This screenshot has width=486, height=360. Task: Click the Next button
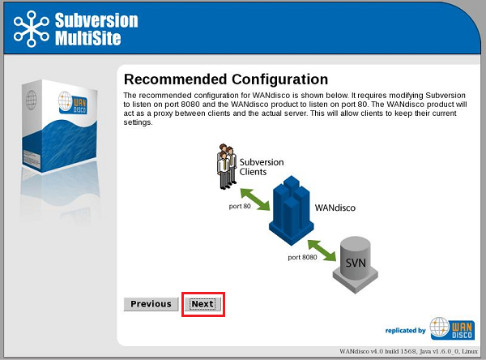202,304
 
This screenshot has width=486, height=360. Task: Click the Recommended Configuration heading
226,79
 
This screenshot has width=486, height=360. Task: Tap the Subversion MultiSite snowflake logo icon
32,29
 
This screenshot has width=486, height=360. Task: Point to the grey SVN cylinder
356,264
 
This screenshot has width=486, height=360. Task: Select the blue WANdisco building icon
292,211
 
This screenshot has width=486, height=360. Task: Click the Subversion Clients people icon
227,166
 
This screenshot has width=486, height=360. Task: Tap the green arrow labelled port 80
255,199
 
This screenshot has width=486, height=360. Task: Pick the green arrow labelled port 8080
322,251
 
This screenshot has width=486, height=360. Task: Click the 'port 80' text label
240,207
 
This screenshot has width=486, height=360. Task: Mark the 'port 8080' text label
302,257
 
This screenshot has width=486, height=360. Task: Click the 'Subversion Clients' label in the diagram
262,167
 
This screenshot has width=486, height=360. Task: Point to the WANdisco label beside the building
335,208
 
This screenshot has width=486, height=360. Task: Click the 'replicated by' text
406,331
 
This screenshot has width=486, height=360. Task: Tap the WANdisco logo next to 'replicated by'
453,328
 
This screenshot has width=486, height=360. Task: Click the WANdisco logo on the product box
73,103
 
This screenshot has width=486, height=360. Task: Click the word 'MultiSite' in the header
88,38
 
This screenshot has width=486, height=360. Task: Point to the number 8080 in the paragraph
190,105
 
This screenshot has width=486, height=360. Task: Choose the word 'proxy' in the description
163,114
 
